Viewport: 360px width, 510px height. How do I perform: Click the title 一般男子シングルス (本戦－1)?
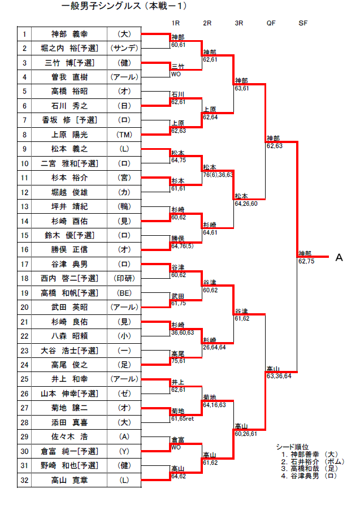point(124,7)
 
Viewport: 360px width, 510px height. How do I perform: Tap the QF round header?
point(271,23)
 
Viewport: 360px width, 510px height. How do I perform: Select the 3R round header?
point(238,23)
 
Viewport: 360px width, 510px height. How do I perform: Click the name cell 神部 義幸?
point(70,34)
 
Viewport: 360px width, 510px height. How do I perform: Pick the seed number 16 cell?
point(24,249)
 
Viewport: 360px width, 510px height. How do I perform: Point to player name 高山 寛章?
point(70,480)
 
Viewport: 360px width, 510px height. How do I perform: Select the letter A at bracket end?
point(339,258)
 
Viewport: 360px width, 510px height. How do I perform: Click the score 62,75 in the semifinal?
point(306,261)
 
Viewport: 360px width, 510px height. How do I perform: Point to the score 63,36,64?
point(279,376)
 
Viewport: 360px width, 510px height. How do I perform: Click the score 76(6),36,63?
point(218,175)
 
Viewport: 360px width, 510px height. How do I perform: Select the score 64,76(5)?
point(183,246)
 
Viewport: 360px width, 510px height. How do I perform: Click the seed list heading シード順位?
point(293,447)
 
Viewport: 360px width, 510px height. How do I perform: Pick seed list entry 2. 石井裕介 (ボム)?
point(313,461)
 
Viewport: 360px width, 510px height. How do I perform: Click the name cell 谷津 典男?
point(70,264)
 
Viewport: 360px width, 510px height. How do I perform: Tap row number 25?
point(24,379)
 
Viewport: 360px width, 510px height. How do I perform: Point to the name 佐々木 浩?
point(70,436)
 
